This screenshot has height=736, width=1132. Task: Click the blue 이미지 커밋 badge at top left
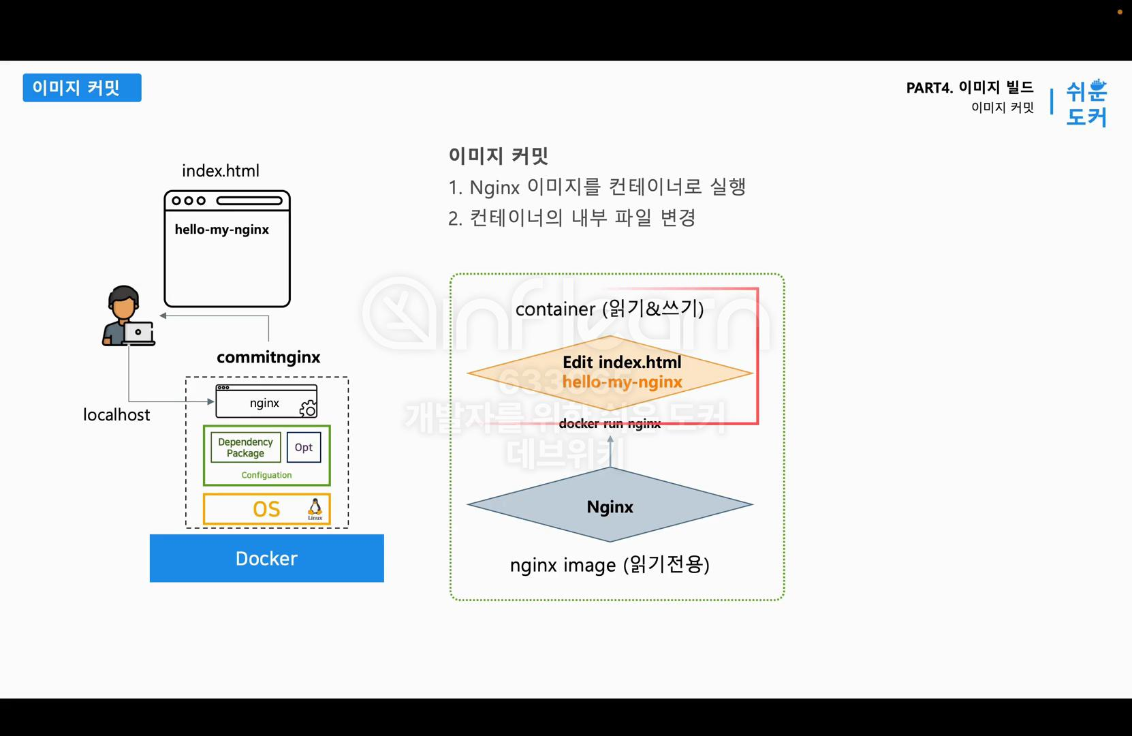pyautogui.click(x=82, y=88)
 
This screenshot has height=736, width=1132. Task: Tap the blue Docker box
pyautogui.click(x=266, y=558)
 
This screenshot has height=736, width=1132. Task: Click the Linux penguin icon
pyautogui.click(x=315, y=508)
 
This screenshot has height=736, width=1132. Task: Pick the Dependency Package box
pyautogui.click(x=245, y=448)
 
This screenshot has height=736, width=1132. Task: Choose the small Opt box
pyautogui.click(x=304, y=448)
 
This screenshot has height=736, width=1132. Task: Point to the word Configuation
pyautogui.click(x=266, y=475)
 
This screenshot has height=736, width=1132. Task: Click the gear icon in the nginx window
pyautogui.click(x=308, y=408)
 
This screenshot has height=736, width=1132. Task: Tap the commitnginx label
pyautogui.click(x=268, y=357)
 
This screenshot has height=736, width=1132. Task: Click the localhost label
pyautogui.click(x=116, y=414)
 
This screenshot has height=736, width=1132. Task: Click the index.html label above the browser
pyautogui.click(x=221, y=171)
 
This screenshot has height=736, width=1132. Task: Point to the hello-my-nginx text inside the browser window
pyautogui.click(x=222, y=230)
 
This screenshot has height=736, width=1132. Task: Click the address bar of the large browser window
pyautogui.click(x=249, y=201)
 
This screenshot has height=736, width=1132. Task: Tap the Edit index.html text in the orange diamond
pyautogui.click(x=622, y=363)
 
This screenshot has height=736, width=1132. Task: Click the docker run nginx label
pyautogui.click(x=610, y=424)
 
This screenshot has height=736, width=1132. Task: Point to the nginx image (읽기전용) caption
pyautogui.click(x=610, y=565)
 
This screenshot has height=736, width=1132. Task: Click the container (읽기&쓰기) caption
pyautogui.click(x=610, y=309)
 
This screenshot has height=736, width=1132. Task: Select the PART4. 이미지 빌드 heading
pyautogui.click(x=969, y=87)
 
